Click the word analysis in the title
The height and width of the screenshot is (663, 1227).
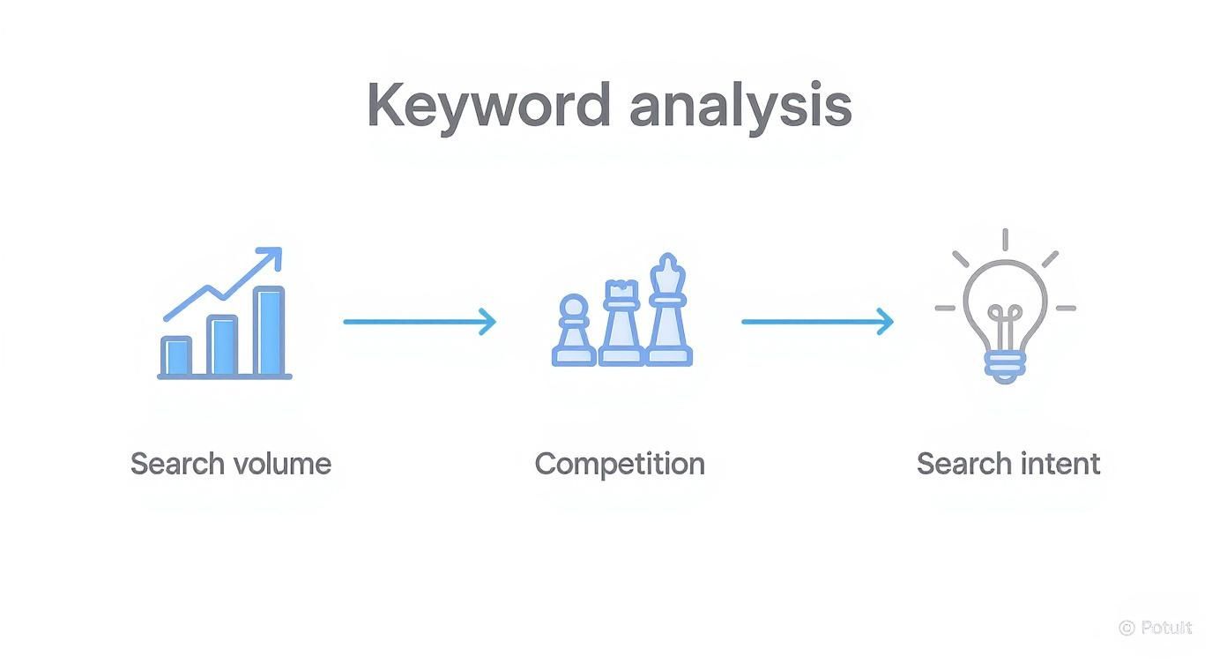740,106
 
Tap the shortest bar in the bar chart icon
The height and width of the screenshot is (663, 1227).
176,355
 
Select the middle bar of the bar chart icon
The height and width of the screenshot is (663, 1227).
223,345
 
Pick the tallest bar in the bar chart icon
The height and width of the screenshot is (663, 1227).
269,331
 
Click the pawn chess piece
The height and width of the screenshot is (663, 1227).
574,333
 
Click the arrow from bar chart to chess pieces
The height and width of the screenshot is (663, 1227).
420,322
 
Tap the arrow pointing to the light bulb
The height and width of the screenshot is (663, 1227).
817,322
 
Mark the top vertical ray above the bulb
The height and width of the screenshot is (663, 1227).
1005,239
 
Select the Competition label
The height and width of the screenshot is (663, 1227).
620,465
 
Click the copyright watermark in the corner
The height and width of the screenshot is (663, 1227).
1156,628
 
